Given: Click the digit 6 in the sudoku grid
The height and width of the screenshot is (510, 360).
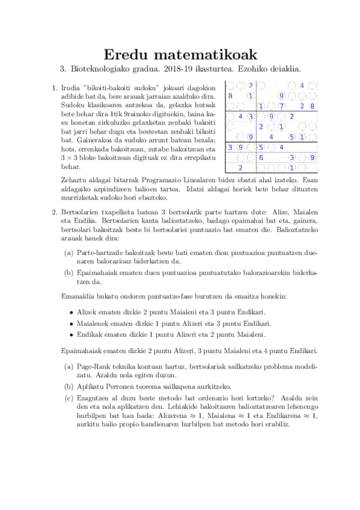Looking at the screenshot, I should tap(260, 158).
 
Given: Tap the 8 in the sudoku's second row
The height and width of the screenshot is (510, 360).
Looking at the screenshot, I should tap(230, 96).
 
